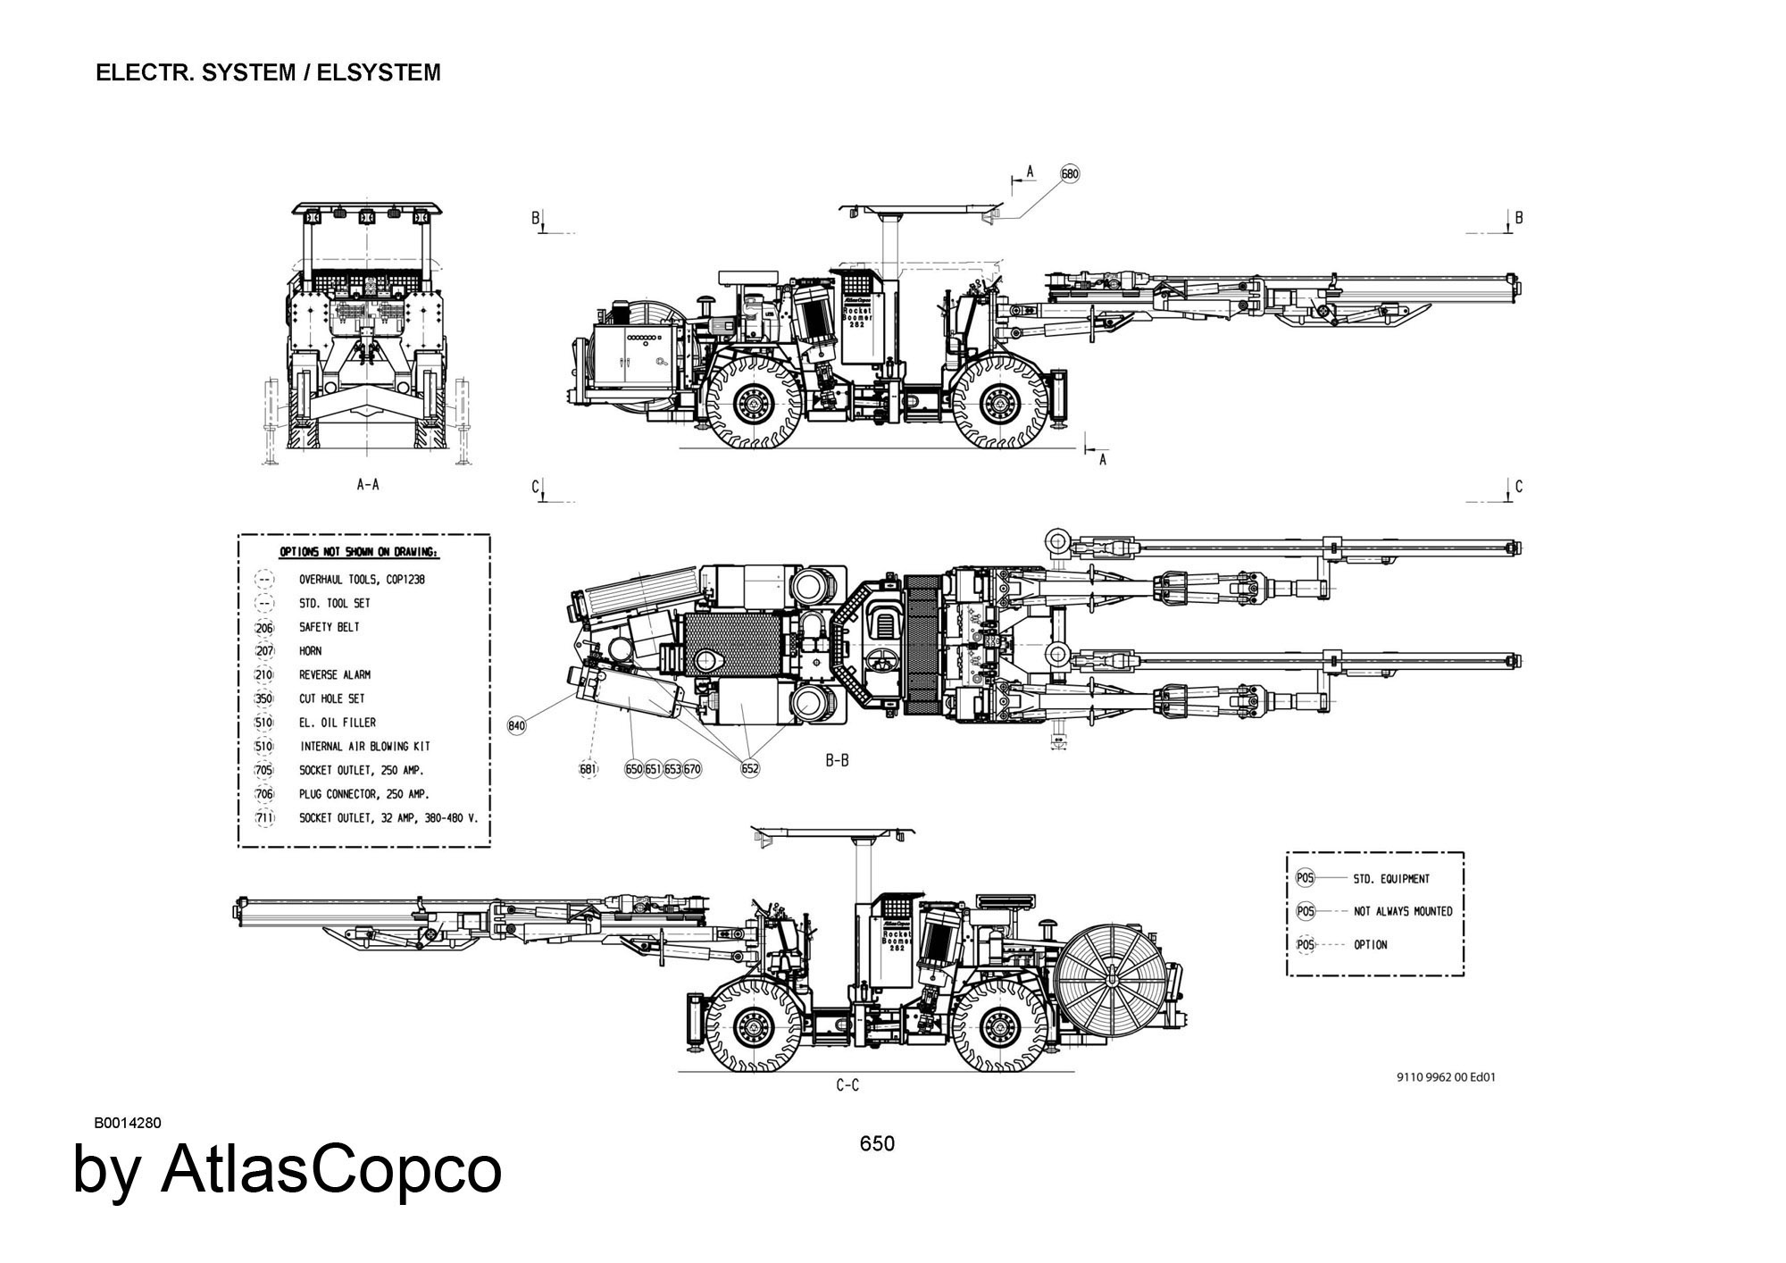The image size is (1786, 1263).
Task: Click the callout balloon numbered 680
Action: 1070,173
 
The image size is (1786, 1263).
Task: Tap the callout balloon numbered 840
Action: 517,725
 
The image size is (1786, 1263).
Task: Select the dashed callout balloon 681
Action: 588,768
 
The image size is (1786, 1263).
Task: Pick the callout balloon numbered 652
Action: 750,768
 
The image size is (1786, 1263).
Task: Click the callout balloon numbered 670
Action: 693,768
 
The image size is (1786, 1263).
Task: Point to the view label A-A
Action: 368,485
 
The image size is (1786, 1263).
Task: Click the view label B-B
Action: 837,761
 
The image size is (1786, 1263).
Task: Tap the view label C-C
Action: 847,1085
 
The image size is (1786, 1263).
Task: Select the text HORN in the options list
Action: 311,651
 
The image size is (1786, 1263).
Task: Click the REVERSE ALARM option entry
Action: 335,675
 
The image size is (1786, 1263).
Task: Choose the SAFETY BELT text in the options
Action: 330,627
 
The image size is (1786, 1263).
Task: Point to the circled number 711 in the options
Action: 264,818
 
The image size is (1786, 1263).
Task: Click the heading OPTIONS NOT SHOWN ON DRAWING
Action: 359,553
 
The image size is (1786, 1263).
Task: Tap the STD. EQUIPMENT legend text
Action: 1391,879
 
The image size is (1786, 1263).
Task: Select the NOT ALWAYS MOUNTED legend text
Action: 1403,912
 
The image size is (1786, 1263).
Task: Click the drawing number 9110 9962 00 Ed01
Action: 1446,1077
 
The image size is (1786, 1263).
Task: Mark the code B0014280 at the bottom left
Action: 128,1123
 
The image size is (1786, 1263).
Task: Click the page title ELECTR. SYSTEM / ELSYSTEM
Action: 268,72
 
